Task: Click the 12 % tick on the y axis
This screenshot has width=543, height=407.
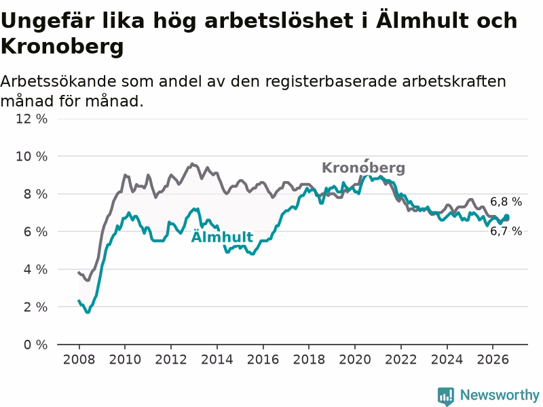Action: click(31, 119)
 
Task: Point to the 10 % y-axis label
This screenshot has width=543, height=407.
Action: click(31, 157)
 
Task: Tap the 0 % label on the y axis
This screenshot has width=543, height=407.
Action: click(35, 345)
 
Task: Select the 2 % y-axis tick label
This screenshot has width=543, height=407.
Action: click(35, 307)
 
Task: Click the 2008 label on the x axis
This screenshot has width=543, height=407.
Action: click(79, 360)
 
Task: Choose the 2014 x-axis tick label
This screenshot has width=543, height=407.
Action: click(217, 360)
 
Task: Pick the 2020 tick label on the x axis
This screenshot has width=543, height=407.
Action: click(355, 360)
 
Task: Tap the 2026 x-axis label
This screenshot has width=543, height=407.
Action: click(493, 360)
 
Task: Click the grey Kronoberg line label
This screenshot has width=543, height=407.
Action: click(363, 168)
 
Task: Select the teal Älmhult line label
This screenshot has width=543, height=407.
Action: click(222, 237)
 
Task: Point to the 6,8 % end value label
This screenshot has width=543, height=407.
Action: click(506, 201)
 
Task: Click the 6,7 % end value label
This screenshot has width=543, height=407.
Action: click(506, 231)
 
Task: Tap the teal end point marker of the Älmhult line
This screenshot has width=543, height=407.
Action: click(506, 217)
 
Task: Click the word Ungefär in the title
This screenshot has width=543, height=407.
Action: click(48, 21)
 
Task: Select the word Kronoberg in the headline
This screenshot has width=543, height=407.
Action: click(62, 46)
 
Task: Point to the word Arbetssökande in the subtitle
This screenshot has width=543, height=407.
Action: click(58, 81)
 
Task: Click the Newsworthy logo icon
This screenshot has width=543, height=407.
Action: click(446, 395)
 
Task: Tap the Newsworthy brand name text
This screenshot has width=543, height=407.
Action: click(500, 395)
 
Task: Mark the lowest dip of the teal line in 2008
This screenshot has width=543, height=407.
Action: click(88, 312)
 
